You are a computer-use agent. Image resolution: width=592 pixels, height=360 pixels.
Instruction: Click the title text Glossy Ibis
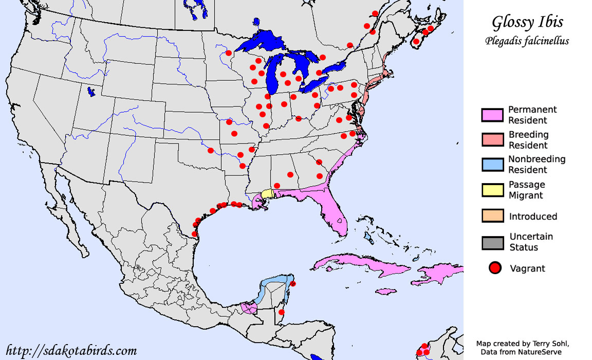527,22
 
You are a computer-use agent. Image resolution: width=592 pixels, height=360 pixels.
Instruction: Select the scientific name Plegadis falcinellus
527,41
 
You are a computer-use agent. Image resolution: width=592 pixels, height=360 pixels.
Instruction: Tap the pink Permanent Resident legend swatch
492,115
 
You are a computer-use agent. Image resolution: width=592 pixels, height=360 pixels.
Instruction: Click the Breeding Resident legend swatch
492,140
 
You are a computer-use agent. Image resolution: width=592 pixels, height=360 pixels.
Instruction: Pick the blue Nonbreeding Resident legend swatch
492,165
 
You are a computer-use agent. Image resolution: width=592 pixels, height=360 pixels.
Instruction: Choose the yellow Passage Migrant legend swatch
492,189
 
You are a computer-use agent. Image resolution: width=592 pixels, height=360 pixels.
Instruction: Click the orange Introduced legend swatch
492,216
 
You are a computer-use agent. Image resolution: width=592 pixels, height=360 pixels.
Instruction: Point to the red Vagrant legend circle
495,268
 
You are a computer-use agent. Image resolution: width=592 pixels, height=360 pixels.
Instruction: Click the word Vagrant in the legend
527,268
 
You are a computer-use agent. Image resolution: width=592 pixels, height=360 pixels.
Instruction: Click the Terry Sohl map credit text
523,344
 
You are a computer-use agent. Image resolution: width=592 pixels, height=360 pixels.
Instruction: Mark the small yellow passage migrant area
267,193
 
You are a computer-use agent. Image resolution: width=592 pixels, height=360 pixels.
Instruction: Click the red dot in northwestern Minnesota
229,53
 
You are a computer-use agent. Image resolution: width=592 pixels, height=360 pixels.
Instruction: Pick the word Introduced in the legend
533,217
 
